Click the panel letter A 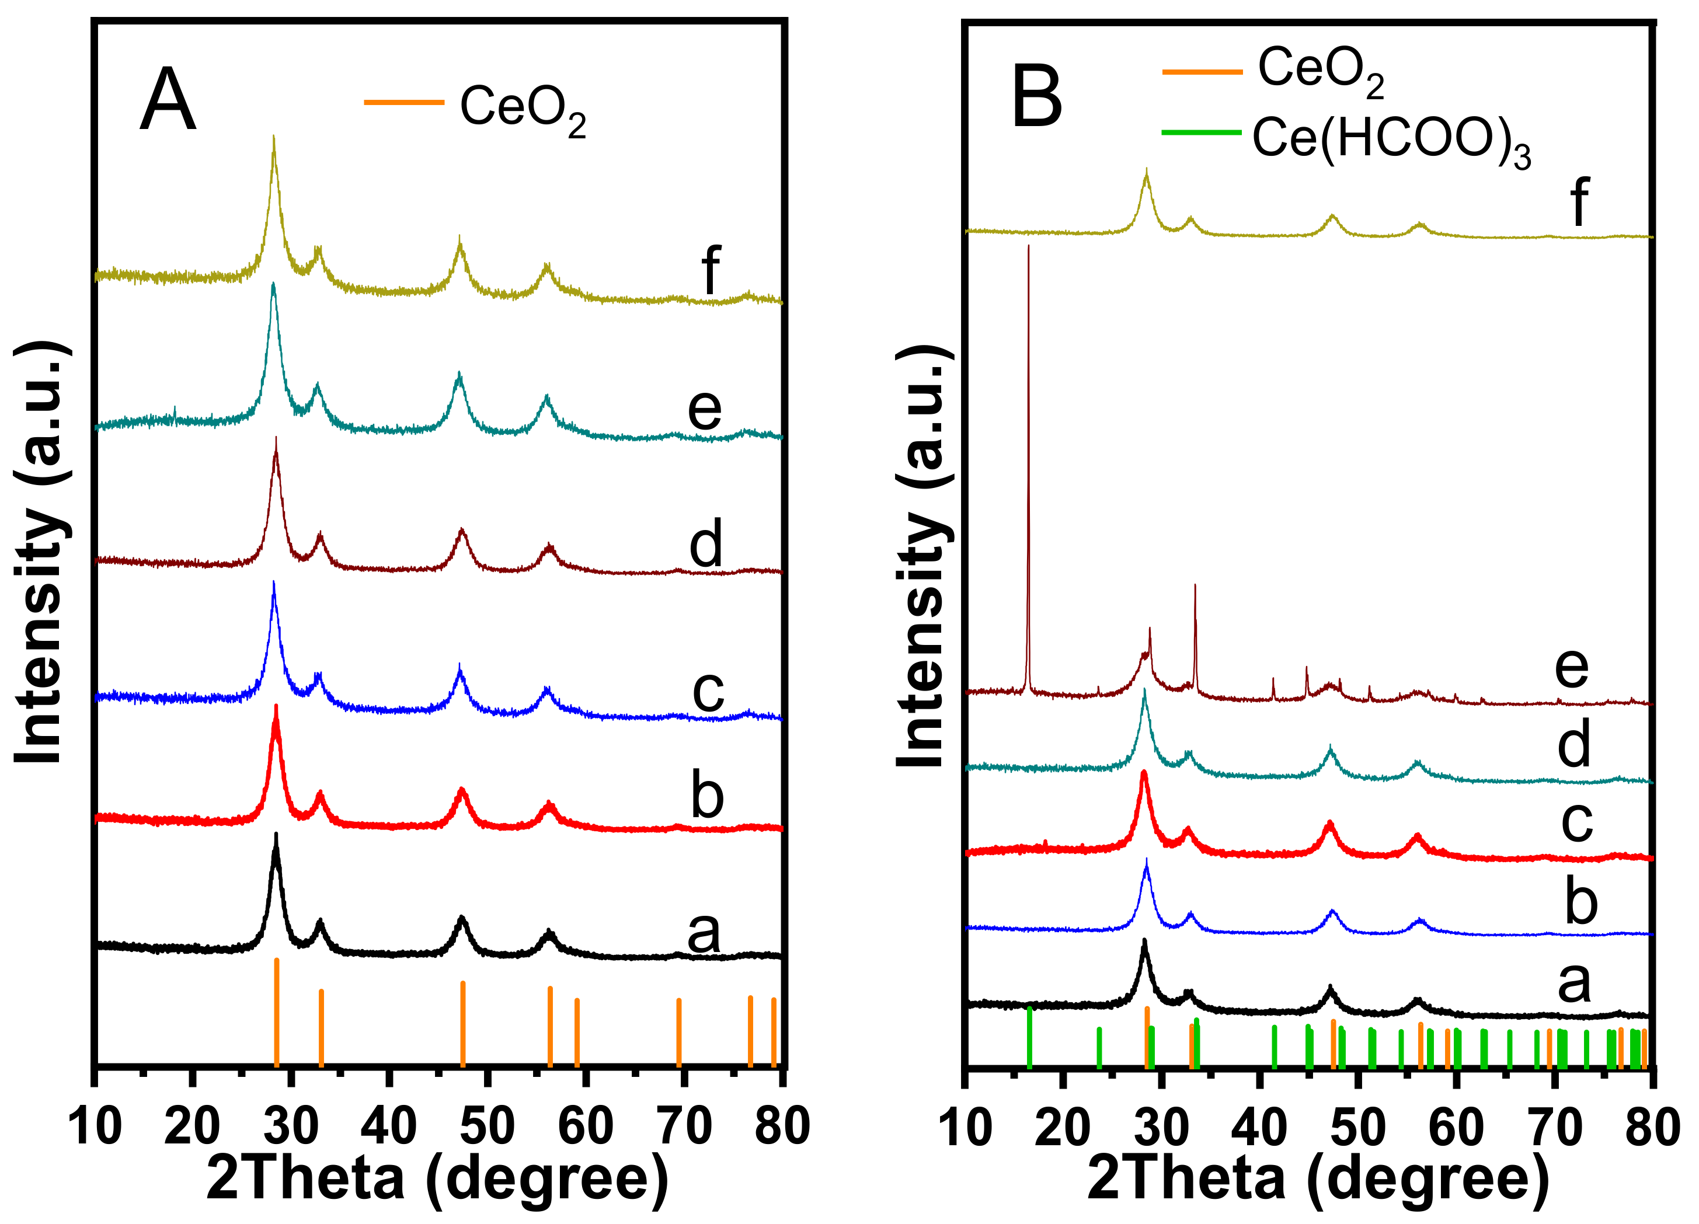click(168, 100)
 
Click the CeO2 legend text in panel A click(522, 109)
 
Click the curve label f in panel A click(710, 269)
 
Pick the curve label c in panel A click(707, 691)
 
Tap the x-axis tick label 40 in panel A click(389, 1125)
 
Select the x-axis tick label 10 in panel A click(95, 1125)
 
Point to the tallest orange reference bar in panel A click(276, 1012)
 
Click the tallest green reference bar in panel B click(1029, 1037)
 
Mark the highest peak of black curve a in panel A click(276, 838)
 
